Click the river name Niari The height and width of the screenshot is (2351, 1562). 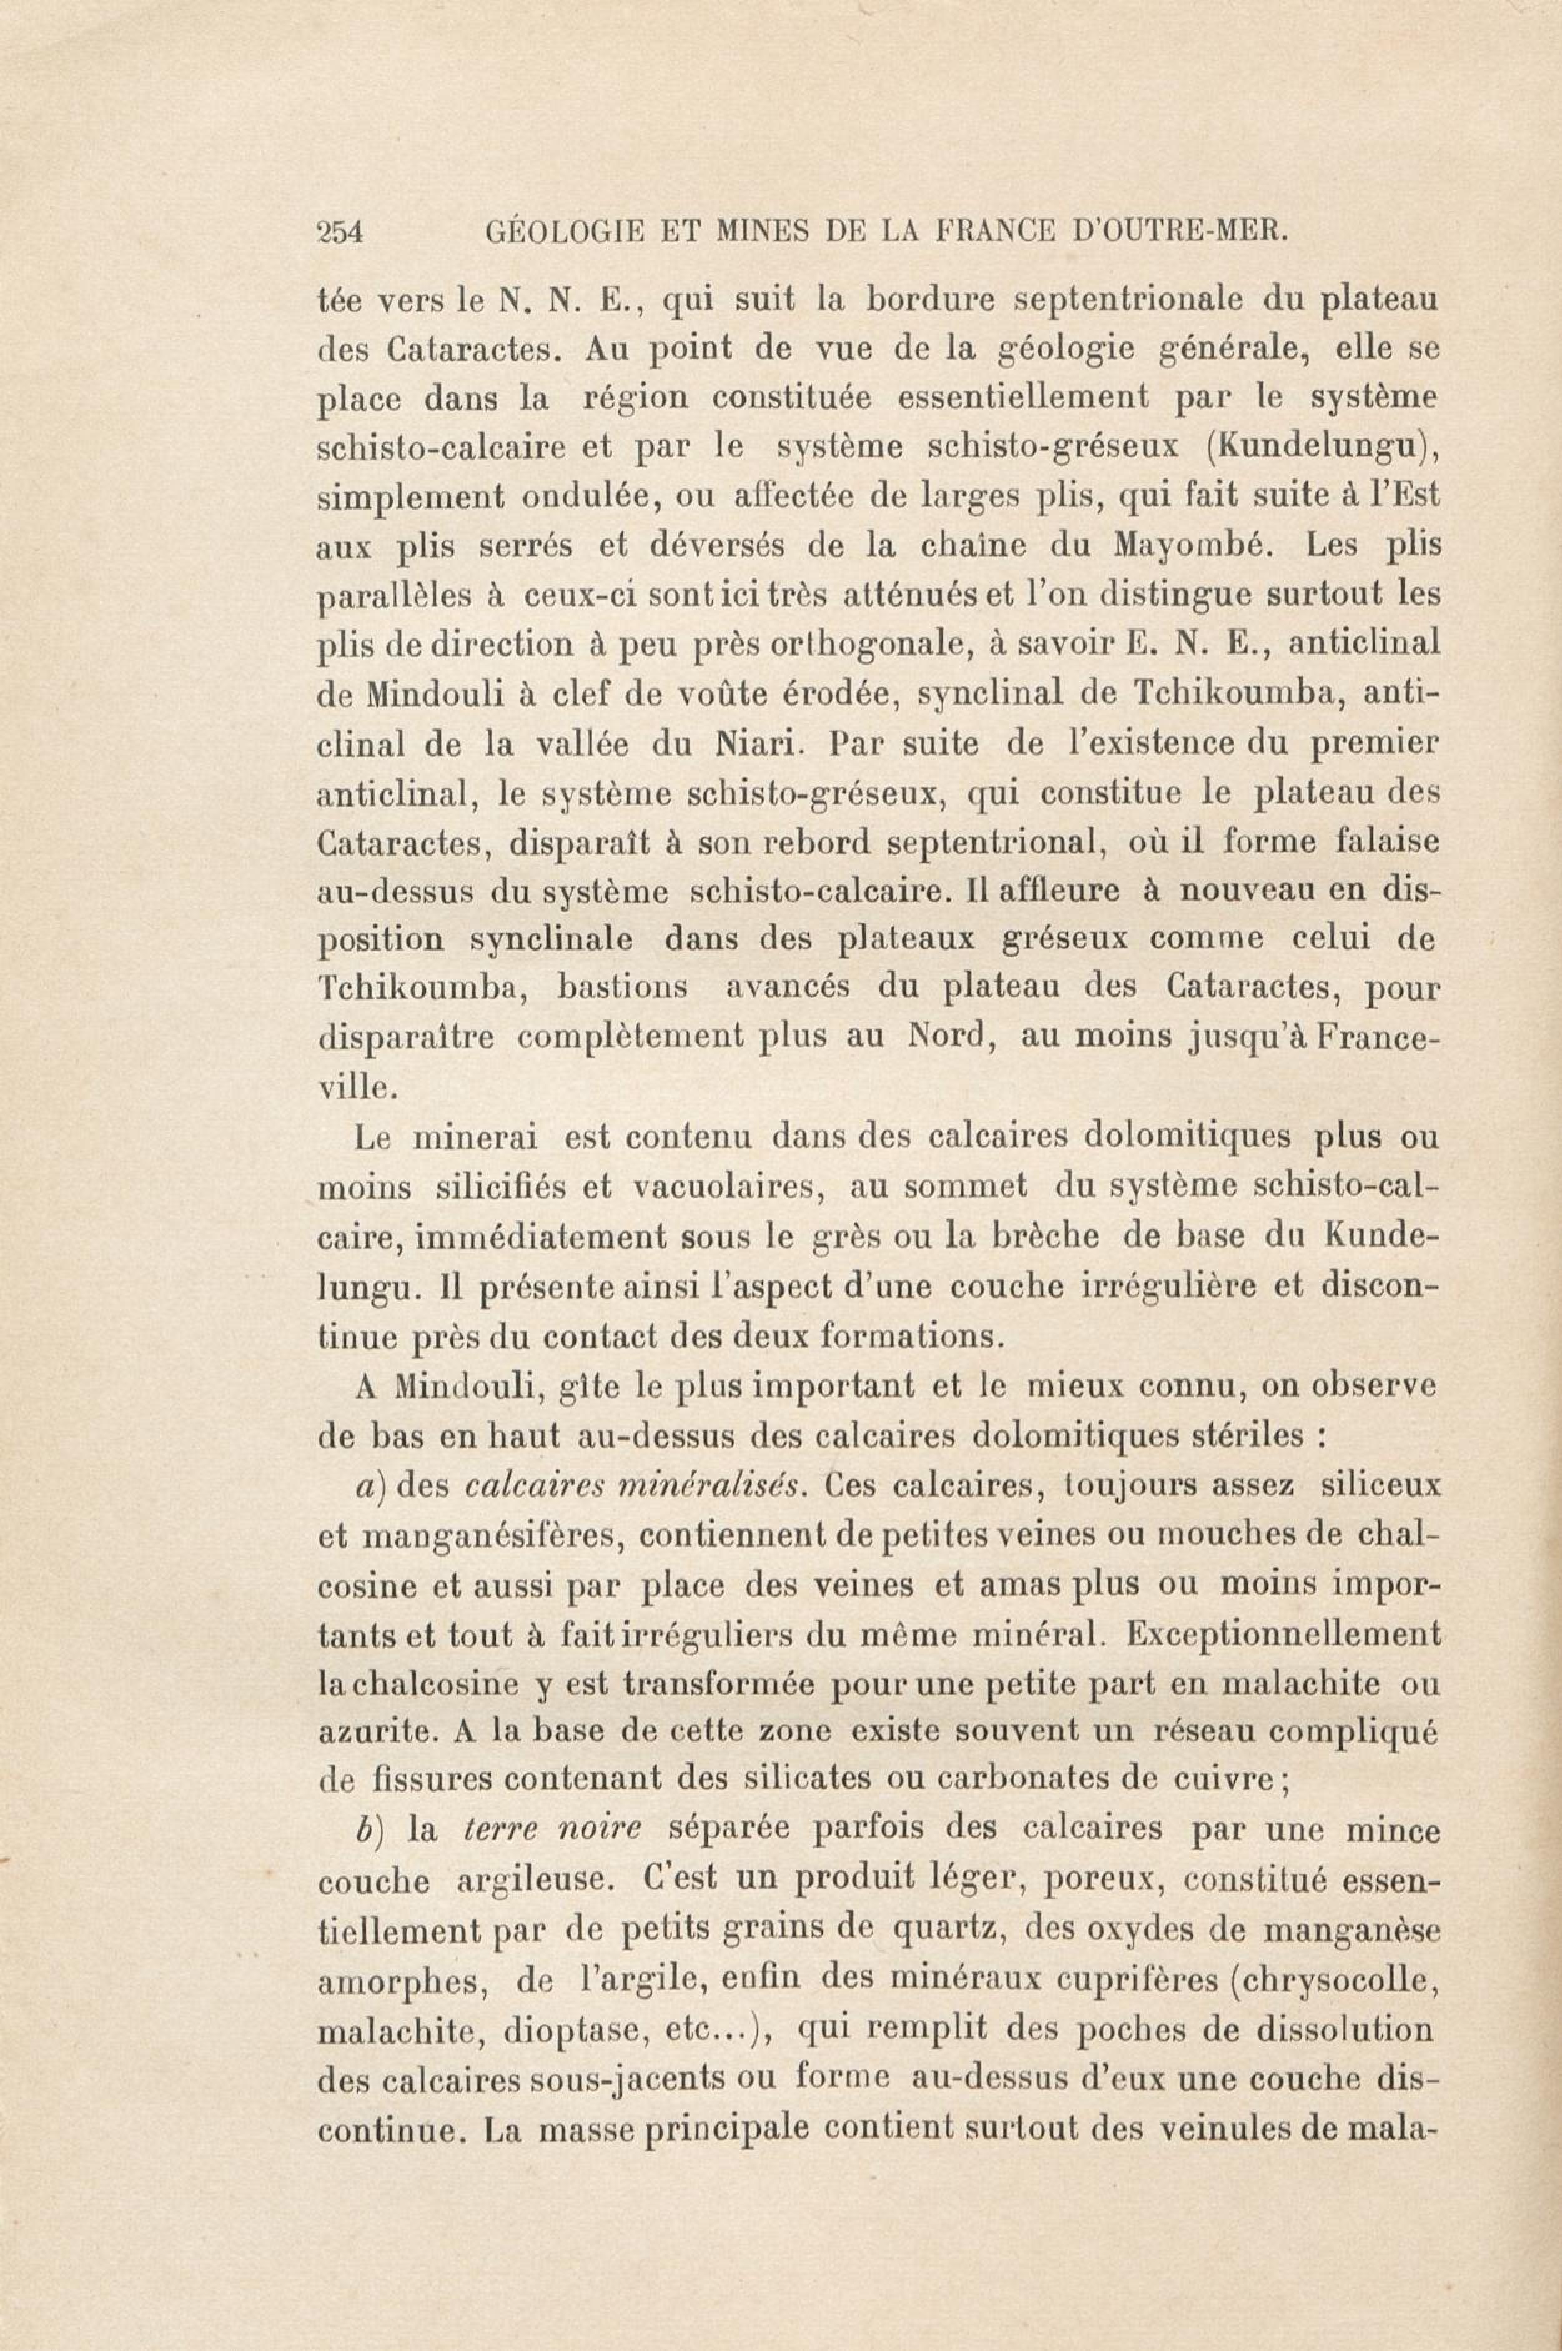click(754, 743)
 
